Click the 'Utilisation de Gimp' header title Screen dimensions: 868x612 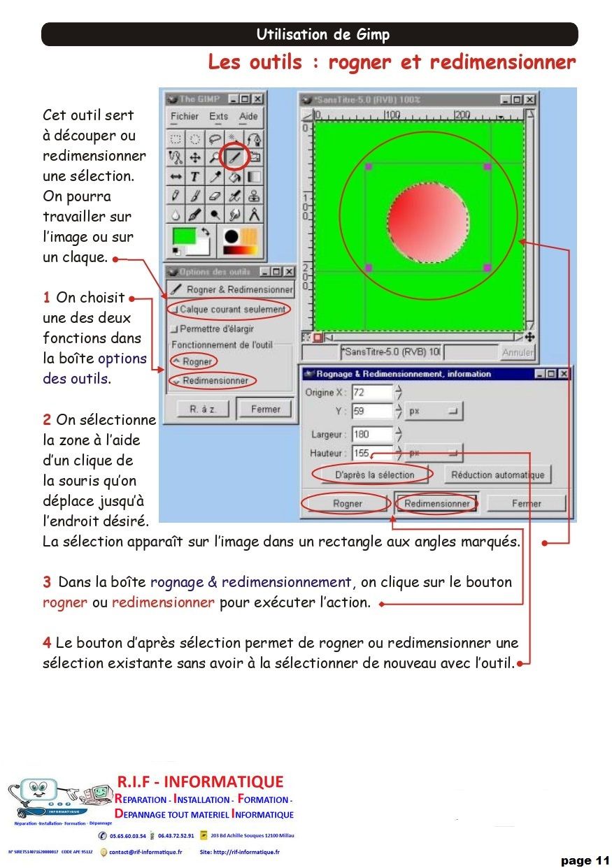click(x=322, y=35)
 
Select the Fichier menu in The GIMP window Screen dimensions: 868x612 click(x=185, y=117)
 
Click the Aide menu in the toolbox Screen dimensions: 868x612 click(x=248, y=117)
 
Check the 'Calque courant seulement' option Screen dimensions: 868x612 click(x=175, y=310)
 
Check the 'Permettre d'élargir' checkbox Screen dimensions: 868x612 click(x=175, y=328)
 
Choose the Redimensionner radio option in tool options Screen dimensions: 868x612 click(x=176, y=381)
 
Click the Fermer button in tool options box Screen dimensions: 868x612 click(x=265, y=410)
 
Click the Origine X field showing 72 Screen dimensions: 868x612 click(x=371, y=392)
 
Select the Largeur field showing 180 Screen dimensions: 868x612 click(x=371, y=434)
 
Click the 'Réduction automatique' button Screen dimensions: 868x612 click(x=497, y=475)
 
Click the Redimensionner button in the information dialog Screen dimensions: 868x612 click(x=437, y=503)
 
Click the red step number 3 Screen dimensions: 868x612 click(x=46, y=582)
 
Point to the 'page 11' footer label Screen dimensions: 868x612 click(x=585, y=860)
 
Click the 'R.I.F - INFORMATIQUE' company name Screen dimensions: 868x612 click(x=199, y=781)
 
